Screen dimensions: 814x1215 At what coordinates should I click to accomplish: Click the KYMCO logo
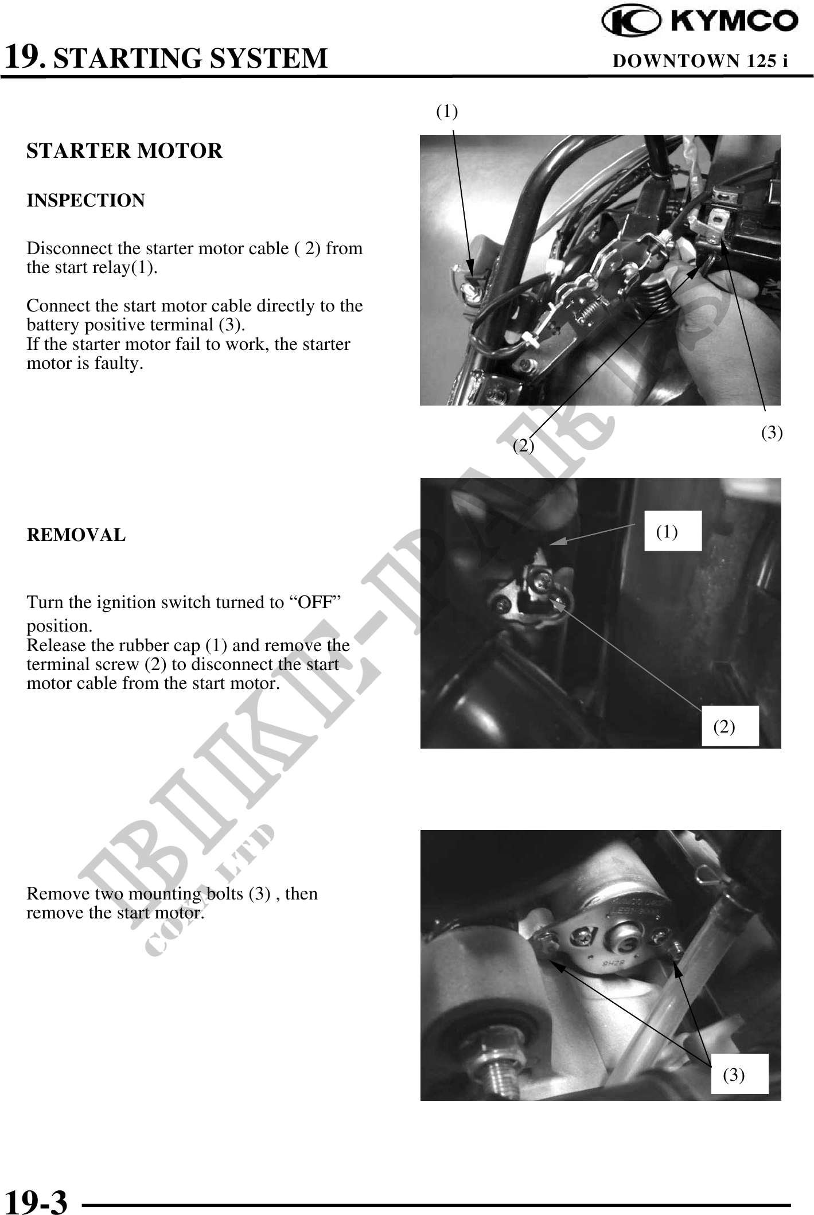(700, 22)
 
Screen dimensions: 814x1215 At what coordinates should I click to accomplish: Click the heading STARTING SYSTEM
(190, 59)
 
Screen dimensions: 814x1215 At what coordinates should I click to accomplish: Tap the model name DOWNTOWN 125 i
(700, 60)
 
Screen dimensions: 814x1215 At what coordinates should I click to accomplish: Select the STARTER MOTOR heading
(124, 151)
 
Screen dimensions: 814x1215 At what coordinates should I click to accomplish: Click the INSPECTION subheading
(85, 201)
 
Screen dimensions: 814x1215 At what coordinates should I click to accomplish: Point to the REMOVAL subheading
(76, 535)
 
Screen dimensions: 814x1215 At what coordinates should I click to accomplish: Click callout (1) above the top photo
(447, 111)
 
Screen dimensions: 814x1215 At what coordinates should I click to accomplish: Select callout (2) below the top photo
(523, 446)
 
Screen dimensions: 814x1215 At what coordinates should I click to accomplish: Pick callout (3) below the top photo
(772, 433)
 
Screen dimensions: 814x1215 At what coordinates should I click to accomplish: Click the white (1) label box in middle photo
(673, 531)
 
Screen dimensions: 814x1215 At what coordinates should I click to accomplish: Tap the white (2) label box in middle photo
(730, 726)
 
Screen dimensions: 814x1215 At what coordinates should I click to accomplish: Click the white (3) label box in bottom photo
(739, 1074)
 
